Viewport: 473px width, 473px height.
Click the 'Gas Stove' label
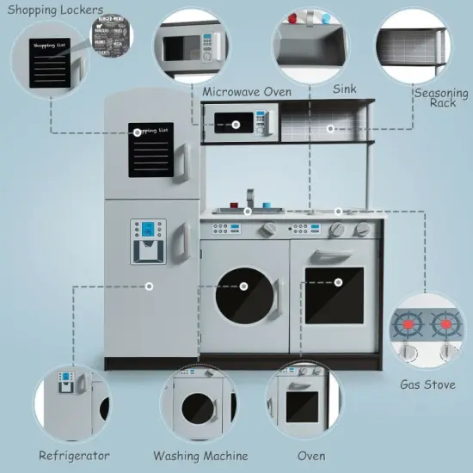pos(427,384)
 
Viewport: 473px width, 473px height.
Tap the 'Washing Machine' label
pos(200,455)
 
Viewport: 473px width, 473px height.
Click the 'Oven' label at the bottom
pos(310,455)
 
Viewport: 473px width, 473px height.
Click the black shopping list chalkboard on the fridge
pos(152,151)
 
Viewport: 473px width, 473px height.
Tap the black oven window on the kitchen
pos(334,295)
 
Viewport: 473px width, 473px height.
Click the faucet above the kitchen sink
pos(249,199)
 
